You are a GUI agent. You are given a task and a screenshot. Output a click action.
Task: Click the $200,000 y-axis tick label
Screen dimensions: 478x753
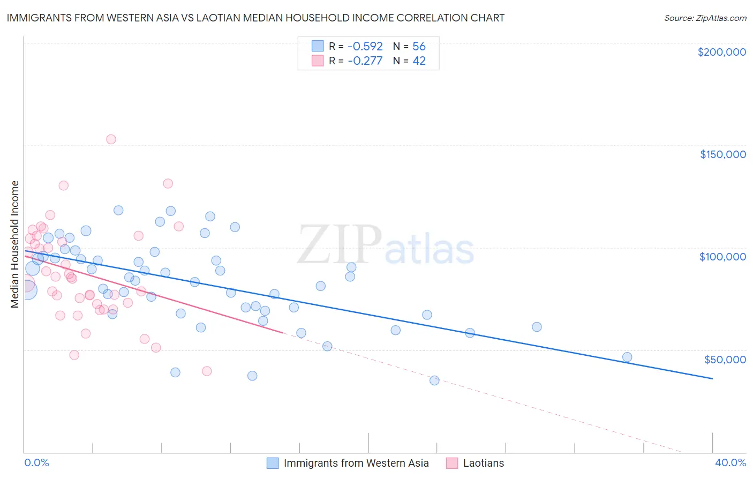[x=721, y=52]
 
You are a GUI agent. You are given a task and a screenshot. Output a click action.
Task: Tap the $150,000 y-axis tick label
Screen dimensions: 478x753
[x=722, y=154]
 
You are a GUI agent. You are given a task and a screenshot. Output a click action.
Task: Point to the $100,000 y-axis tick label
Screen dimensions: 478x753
[x=722, y=257]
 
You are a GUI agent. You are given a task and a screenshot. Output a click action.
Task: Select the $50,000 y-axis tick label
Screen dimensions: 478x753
[x=725, y=359]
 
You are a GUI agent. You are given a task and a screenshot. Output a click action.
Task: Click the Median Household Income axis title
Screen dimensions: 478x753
[x=14, y=244]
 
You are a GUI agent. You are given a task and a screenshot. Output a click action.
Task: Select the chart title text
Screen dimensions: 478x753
[x=255, y=18]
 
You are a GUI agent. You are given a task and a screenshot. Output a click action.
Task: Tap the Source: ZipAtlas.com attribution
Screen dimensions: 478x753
[x=705, y=18]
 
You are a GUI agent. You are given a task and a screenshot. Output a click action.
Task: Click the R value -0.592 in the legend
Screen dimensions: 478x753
[x=365, y=47]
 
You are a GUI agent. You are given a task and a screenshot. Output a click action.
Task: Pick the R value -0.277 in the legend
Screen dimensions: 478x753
[x=365, y=61]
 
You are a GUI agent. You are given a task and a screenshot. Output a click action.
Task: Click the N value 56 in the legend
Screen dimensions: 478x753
[x=419, y=47]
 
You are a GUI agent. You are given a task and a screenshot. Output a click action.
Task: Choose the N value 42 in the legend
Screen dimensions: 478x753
[x=419, y=61]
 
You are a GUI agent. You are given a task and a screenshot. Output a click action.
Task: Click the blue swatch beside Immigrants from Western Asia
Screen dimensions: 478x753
[x=273, y=464]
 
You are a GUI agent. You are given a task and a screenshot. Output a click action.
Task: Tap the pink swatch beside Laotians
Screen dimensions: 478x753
[x=452, y=464]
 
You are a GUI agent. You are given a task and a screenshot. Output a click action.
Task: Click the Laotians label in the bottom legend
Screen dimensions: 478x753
[x=483, y=464]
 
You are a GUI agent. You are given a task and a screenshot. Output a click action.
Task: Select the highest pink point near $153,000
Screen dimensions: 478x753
[x=111, y=139]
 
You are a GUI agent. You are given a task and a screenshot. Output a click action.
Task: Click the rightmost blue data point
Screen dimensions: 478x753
[x=627, y=357]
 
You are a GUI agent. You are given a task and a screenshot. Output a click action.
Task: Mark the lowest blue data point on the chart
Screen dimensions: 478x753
[x=434, y=380]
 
